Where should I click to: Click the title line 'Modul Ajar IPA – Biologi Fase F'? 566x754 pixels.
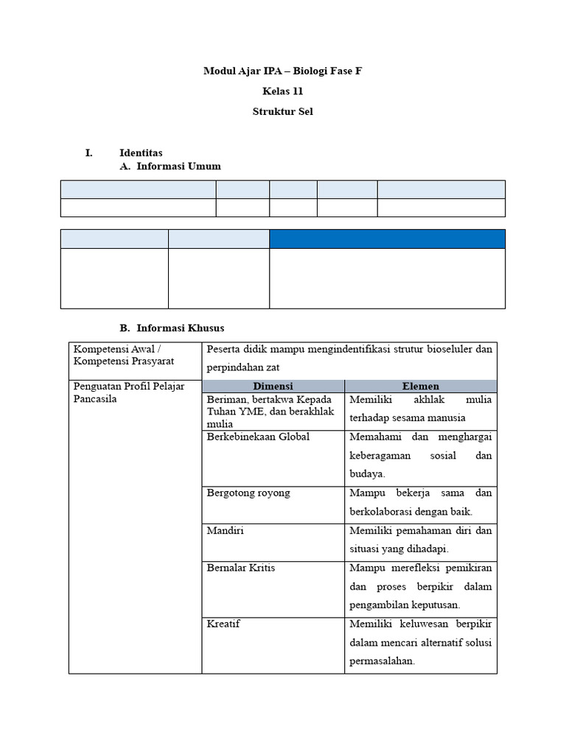click(283, 71)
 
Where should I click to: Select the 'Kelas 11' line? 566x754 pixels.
click(283, 92)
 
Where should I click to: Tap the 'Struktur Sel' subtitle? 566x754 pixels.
click(283, 112)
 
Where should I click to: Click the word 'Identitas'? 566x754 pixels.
click(141, 153)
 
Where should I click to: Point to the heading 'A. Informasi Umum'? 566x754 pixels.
click(170, 166)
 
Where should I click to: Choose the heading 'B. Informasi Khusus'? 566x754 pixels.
click(172, 327)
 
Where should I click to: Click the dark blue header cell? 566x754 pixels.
click(387, 239)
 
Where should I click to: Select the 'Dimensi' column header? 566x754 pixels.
click(273, 386)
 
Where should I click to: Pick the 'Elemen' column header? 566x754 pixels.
click(421, 386)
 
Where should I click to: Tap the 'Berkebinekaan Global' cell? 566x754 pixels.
click(258, 437)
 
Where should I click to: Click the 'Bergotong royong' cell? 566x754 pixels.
click(248, 493)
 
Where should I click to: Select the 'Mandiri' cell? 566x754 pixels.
click(225, 530)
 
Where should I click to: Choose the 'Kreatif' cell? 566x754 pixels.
click(223, 624)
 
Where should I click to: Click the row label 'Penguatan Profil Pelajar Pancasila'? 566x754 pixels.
click(128, 392)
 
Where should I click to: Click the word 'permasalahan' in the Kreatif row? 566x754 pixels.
click(382, 661)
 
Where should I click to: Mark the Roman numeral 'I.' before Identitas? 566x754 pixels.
click(89, 153)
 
